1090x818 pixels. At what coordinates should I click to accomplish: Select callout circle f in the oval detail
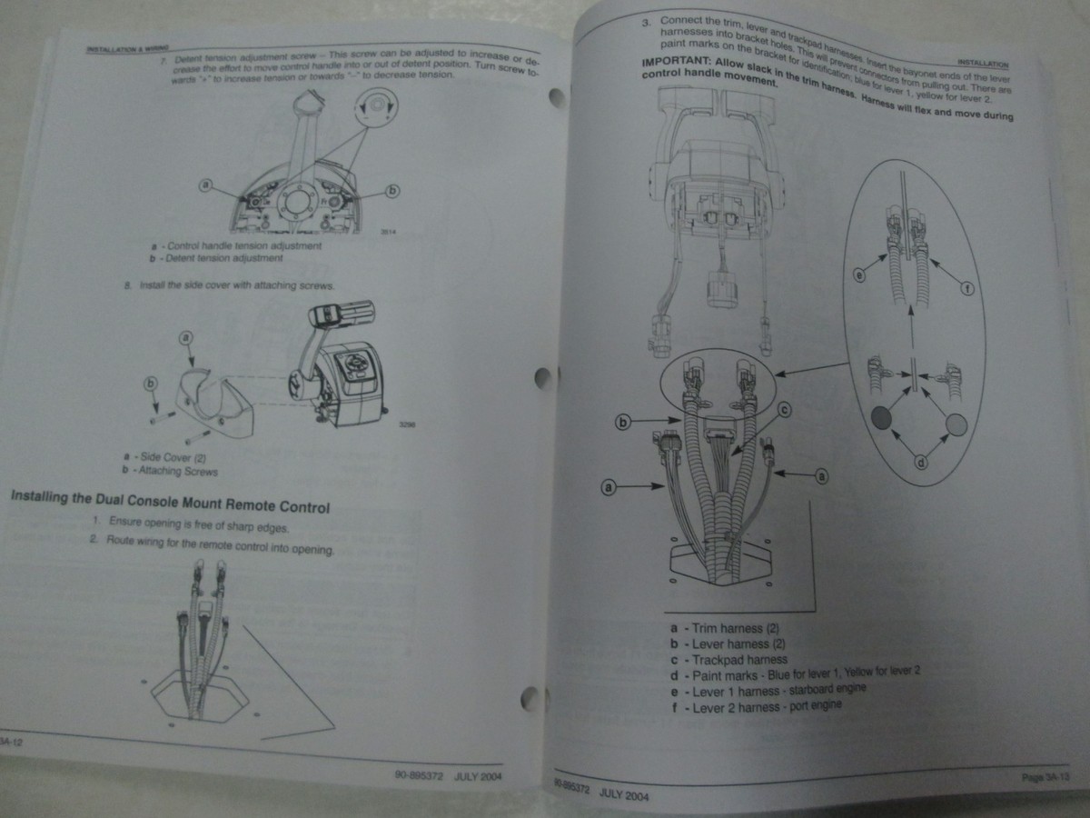tap(966, 290)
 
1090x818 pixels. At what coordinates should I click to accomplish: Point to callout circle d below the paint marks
tap(919, 463)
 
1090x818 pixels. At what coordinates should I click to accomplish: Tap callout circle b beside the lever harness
tap(623, 422)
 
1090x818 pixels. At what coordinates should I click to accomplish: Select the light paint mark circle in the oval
tap(956, 424)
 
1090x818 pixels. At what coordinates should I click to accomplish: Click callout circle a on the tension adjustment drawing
tap(207, 185)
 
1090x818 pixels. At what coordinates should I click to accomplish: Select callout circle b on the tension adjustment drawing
tap(392, 191)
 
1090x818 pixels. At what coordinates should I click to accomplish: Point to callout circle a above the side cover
tap(185, 338)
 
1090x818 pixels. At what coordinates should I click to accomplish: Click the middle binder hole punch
tap(542, 375)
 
